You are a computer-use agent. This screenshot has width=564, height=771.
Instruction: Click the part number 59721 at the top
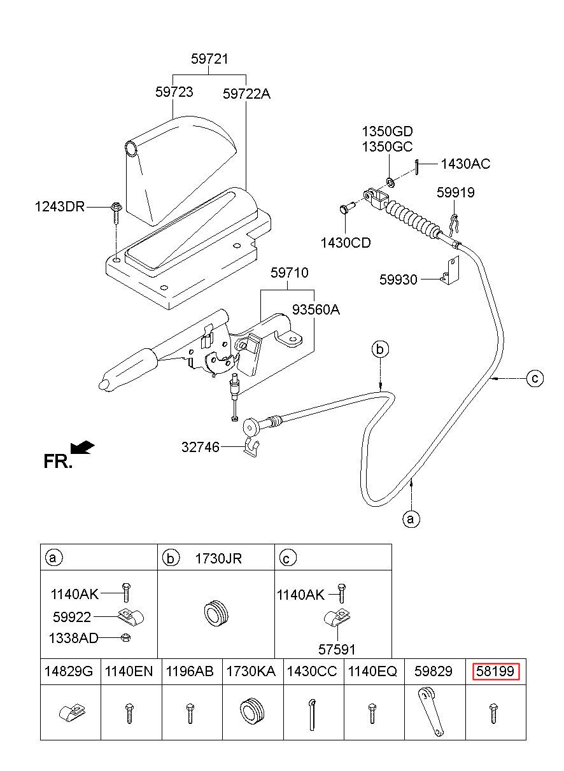[x=209, y=59]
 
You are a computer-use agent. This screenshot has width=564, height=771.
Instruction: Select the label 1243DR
[x=60, y=207]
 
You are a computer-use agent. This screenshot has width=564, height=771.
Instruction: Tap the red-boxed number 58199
[x=495, y=671]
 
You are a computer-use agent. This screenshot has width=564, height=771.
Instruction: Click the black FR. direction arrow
[x=82, y=447]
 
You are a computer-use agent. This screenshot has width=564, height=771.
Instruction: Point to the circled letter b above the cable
[x=380, y=350]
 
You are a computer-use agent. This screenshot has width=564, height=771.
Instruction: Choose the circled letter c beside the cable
[x=535, y=379]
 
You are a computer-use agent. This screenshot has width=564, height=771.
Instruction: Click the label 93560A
[x=316, y=310]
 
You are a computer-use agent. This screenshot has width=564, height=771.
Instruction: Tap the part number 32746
[x=201, y=447]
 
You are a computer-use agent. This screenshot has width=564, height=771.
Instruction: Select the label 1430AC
[x=465, y=164]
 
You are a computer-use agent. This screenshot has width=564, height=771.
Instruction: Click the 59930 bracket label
[x=398, y=279]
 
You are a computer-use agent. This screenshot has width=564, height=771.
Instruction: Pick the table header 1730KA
[x=251, y=671]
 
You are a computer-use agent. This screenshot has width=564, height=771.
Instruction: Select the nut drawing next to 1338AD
[x=126, y=638]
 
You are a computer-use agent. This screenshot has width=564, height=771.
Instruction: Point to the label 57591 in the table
[x=337, y=649]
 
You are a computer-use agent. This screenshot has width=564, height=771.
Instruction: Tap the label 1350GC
[x=387, y=147]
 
